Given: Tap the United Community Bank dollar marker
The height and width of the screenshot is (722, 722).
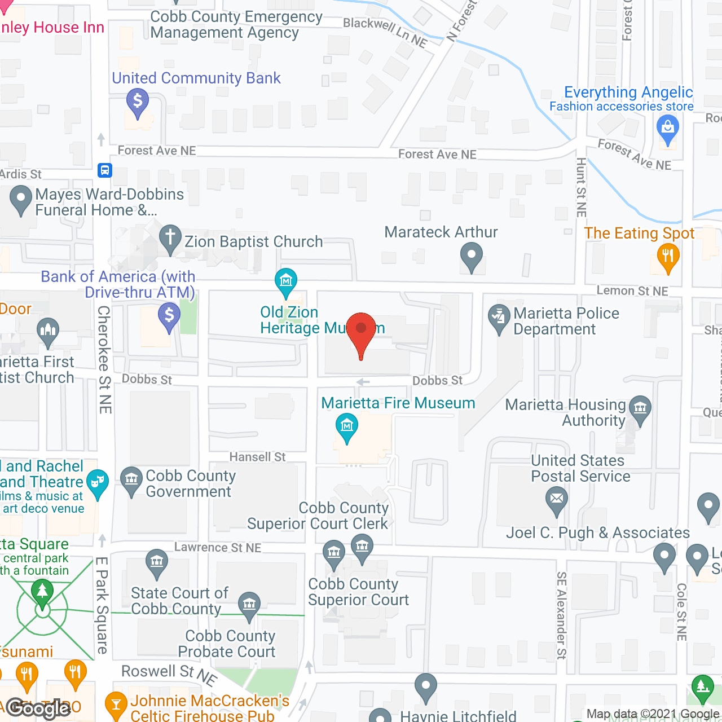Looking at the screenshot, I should tap(138, 102).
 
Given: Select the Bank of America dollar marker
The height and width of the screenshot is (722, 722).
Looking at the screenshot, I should tap(169, 315).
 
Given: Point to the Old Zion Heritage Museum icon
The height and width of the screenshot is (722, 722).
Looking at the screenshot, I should tap(286, 280).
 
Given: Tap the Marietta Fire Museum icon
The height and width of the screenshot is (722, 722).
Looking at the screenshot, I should tap(347, 426).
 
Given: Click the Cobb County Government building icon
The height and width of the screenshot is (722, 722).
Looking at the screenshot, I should tap(131, 479).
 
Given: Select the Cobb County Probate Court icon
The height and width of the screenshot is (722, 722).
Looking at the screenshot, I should tap(249, 604).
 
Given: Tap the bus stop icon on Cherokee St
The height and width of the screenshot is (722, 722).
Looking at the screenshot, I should tap(105, 170).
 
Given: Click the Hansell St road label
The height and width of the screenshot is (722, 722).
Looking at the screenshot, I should tap(257, 457).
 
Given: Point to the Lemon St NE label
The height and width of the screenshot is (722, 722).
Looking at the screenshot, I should tap(632, 291).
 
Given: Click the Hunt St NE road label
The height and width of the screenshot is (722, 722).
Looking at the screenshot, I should tap(581, 187).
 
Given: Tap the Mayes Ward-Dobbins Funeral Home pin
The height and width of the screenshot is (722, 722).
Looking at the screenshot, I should tap(21, 199).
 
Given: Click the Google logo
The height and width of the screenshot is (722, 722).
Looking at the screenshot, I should tap(38, 708).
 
